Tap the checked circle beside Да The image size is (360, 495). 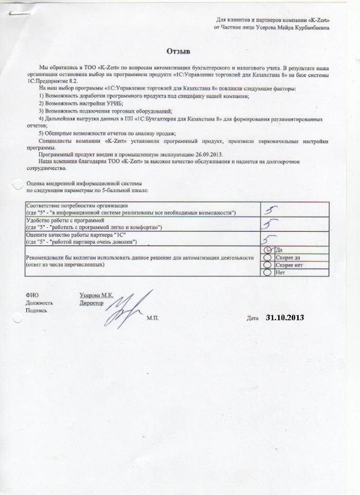(267, 249)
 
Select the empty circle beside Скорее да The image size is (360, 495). (267, 256)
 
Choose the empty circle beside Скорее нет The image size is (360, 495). (267, 264)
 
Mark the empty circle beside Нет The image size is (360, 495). (267, 272)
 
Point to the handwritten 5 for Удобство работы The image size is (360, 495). (269, 224)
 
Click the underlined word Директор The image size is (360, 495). (92, 303)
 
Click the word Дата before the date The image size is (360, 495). (252, 319)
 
